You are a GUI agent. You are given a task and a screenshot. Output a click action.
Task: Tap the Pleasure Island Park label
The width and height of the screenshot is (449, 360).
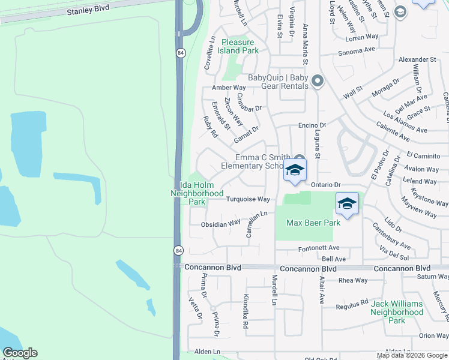pyautogui.click(x=240, y=46)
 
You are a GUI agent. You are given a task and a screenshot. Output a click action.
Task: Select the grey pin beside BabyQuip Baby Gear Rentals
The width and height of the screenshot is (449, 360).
pyautogui.click(x=318, y=81)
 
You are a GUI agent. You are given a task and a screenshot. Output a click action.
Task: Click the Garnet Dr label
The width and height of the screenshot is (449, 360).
pyautogui.click(x=246, y=134)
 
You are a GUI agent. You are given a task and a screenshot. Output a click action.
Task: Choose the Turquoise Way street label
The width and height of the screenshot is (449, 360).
pyautogui.click(x=248, y=199)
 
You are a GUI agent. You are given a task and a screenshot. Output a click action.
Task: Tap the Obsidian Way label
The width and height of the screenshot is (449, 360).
pyautogui.click(x=220, y=224)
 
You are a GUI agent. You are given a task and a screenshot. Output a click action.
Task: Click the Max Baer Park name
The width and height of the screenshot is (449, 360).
pyautogui.click(x=313, y=223)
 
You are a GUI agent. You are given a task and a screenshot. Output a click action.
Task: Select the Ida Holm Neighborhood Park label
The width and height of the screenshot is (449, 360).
pyautogui.click(x=197, y=194)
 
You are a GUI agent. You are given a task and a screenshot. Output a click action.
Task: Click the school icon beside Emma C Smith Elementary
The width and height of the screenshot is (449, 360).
pyautogui.click(x=295, y=170)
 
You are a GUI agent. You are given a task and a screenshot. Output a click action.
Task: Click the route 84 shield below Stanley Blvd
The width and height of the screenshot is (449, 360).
pyautogui.click(x=180, y=53)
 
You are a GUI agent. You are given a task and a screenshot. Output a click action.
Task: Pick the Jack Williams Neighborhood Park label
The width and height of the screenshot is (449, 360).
pyautogui.click(x=397, y=312)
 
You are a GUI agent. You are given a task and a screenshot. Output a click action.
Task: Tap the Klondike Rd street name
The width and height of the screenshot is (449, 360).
pyautogui.click(x=246, y=311)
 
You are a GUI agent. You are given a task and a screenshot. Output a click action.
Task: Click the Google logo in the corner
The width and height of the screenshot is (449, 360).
pyautogui.click(x=20, y=353)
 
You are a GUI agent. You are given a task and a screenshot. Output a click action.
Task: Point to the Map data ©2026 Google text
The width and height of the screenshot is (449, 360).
pyautogui.click(x=412, y=355)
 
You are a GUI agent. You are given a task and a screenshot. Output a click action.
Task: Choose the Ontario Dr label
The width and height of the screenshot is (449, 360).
pyautogui.click(x=326, y=185)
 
